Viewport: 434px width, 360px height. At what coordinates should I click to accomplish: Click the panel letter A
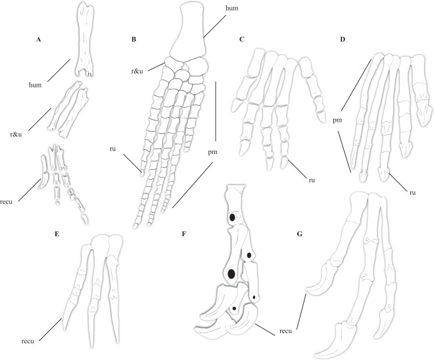(38, 39)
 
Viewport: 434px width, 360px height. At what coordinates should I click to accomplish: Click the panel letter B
(133, 39)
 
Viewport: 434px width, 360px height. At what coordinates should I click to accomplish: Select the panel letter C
(242, 39)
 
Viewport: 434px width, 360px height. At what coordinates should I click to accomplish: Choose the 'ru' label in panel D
(413, 193)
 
